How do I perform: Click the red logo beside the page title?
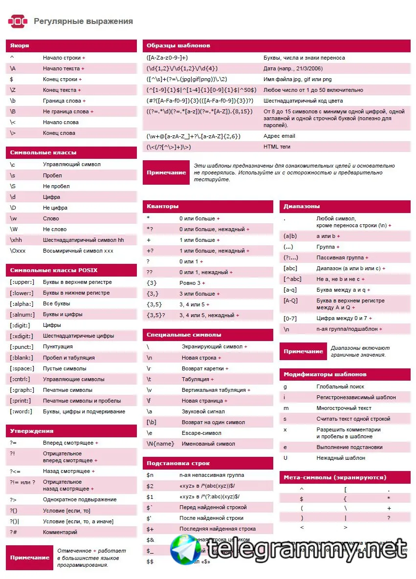(x=18, y=21)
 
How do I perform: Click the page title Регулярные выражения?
(x=83, y=21)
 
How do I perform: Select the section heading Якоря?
(x=20, y=45)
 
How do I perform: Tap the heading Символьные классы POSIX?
(x=57, y=270)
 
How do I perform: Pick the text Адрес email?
(x=279, y=136)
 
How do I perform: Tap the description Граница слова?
(x=62, y=101)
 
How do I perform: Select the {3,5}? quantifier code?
(x=156, y=315)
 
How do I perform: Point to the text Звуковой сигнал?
(x=203, y=411)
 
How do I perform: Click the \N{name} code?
(x=160, y=444)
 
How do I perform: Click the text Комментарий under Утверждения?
(x=60, y=532)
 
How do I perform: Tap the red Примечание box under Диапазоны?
(x=303, y=351)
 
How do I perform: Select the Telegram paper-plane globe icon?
(x=185, y=552)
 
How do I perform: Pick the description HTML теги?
(x=277, y=147)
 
